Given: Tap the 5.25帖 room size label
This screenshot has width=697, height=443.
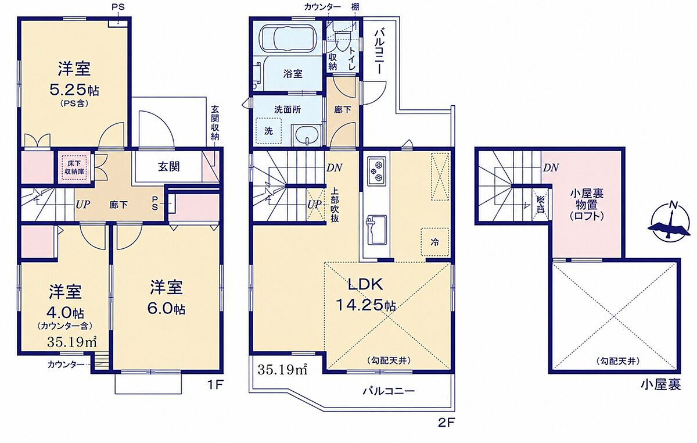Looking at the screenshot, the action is (x=74, y=90).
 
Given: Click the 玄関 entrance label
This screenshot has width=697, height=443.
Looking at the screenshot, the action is (x=169, y=167).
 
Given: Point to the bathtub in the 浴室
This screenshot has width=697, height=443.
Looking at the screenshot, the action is (x=288, y=38).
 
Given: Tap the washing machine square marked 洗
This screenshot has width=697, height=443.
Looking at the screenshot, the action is (x=269, y=131).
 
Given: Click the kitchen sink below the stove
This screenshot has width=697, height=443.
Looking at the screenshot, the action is (x=377, y=230).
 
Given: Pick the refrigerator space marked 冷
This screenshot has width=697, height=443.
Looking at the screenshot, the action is (x=434, y=242).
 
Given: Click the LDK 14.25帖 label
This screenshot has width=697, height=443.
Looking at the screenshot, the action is (x=365, y=294).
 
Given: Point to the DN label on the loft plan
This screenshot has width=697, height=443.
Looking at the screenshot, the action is (x=551, y=168).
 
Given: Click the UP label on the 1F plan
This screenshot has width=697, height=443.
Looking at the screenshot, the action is (x=82, y=205).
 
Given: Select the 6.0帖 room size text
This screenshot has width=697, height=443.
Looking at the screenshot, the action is (x=167, y=309).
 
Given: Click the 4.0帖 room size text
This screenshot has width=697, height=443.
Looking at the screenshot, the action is (x=66, y=312).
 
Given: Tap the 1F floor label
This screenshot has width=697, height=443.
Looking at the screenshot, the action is (x=215, y=385).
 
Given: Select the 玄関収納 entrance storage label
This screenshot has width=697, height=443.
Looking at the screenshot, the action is (x=215, y=123).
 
